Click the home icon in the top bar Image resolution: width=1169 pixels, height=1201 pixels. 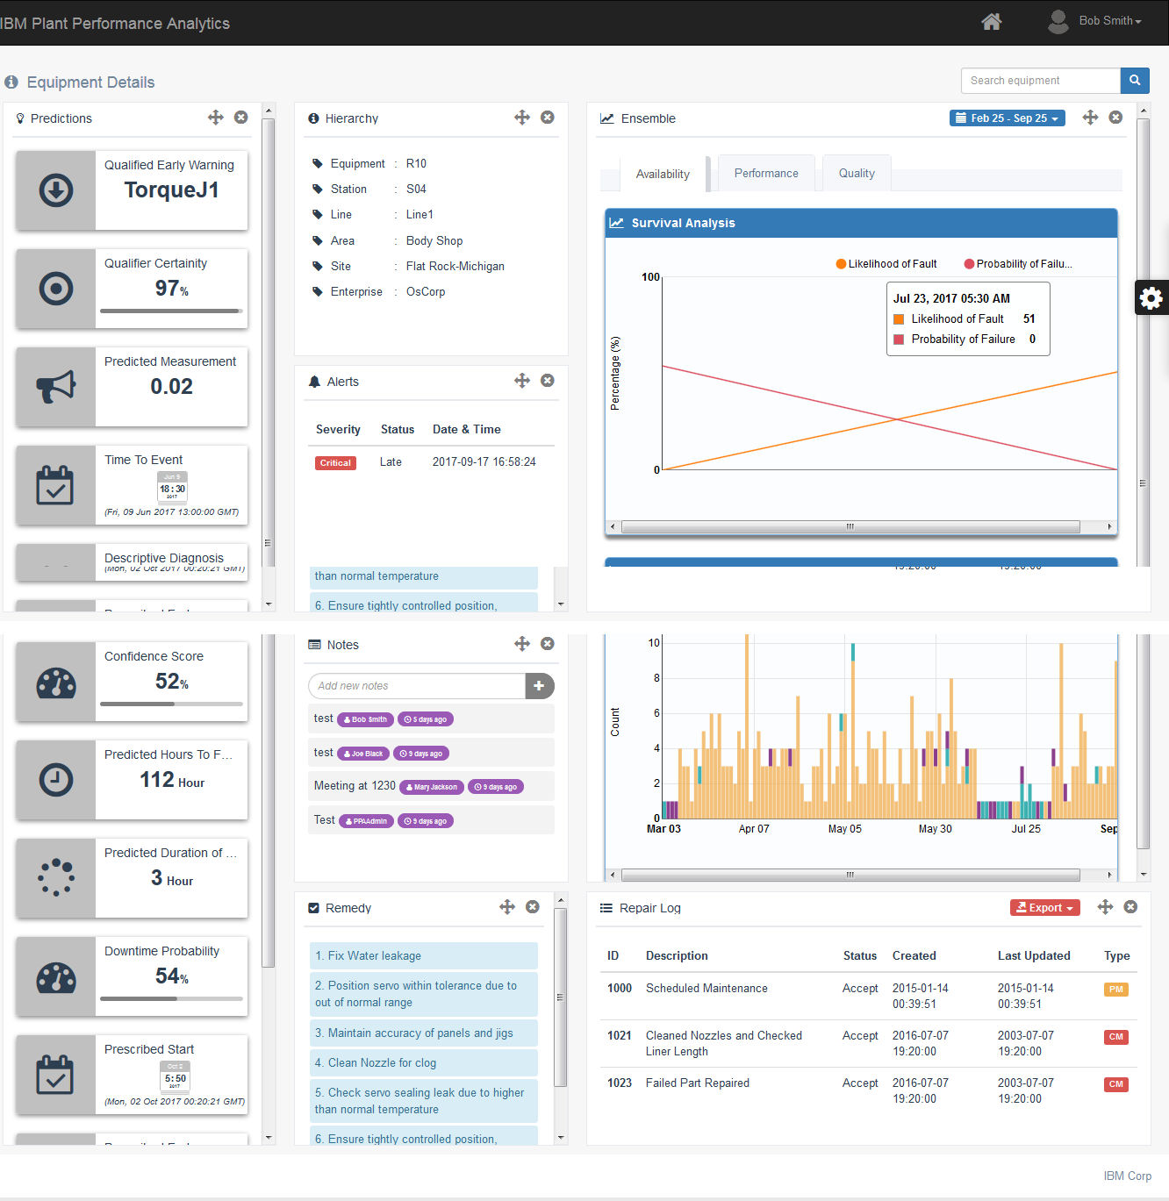pos(991,21)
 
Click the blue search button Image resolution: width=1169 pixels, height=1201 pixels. pos(1134,80)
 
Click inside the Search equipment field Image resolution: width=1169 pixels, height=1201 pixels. pos(1040,80)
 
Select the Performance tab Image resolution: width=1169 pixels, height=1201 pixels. pos(765,173)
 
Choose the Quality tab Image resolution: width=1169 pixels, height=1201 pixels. pos(856,173)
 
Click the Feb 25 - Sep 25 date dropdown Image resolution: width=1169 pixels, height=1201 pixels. pos(1007,118)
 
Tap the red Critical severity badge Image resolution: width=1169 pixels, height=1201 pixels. pos(335,462)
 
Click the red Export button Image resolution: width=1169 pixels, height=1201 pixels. pos(1044,908)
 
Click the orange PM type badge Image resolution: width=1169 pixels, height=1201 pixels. pos(1115,989)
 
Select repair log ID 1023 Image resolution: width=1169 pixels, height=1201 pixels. pos(619,1083)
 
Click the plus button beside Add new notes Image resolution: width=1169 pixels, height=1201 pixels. pos(539,686)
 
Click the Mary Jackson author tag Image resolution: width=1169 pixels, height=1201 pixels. pos(432,787)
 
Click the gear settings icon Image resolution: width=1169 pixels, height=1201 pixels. pos(1151,298)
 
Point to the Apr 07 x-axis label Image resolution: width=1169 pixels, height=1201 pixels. pos(753,828)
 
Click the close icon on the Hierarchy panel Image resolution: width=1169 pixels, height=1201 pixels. pos(547,118)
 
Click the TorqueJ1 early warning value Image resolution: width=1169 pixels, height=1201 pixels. pos(171,189)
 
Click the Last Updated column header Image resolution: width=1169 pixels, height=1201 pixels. pos(1033,955)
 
